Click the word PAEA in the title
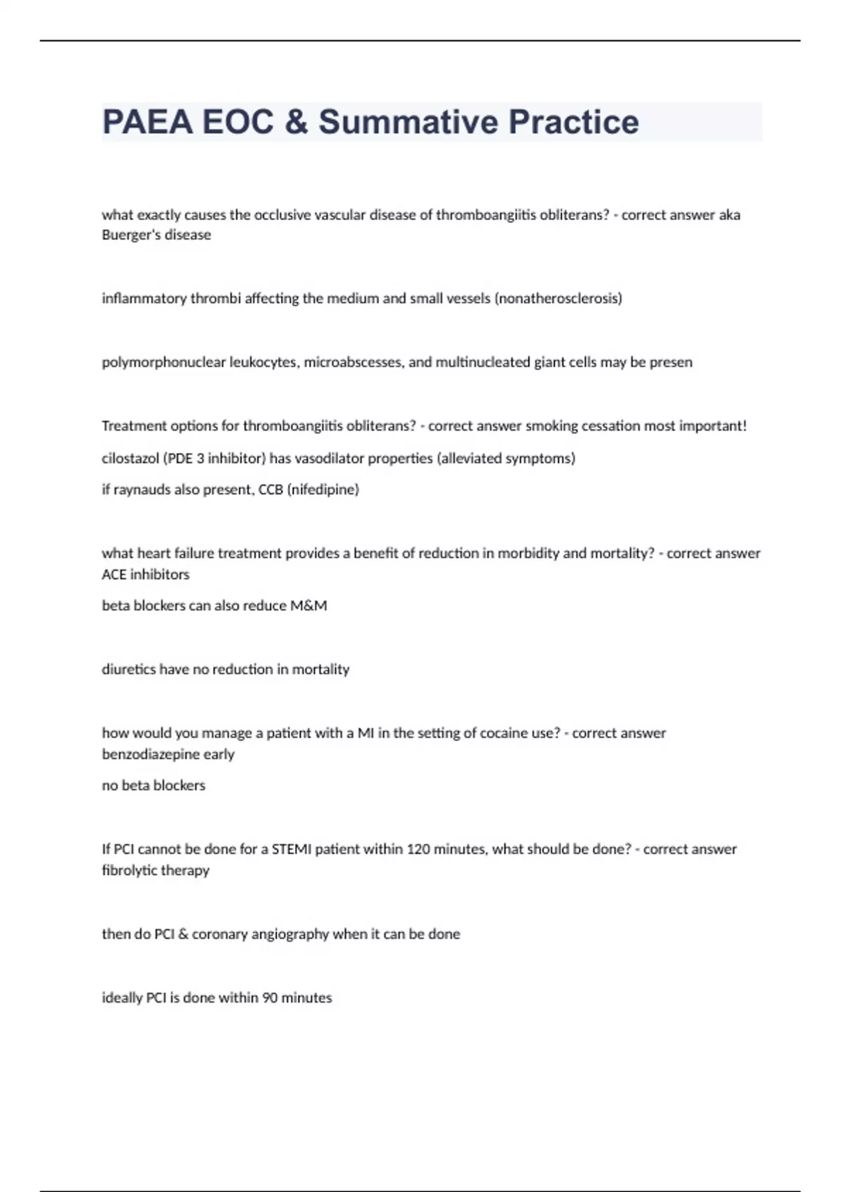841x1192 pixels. pos(147,122)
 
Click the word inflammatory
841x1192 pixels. pos(144,299)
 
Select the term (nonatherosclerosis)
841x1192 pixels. pos(558,299)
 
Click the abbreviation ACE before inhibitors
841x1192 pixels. pos(114,574)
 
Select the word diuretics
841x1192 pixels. pos(129,670)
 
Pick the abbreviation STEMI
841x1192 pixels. pos(292,849)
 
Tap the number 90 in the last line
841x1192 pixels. pos(270,998)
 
